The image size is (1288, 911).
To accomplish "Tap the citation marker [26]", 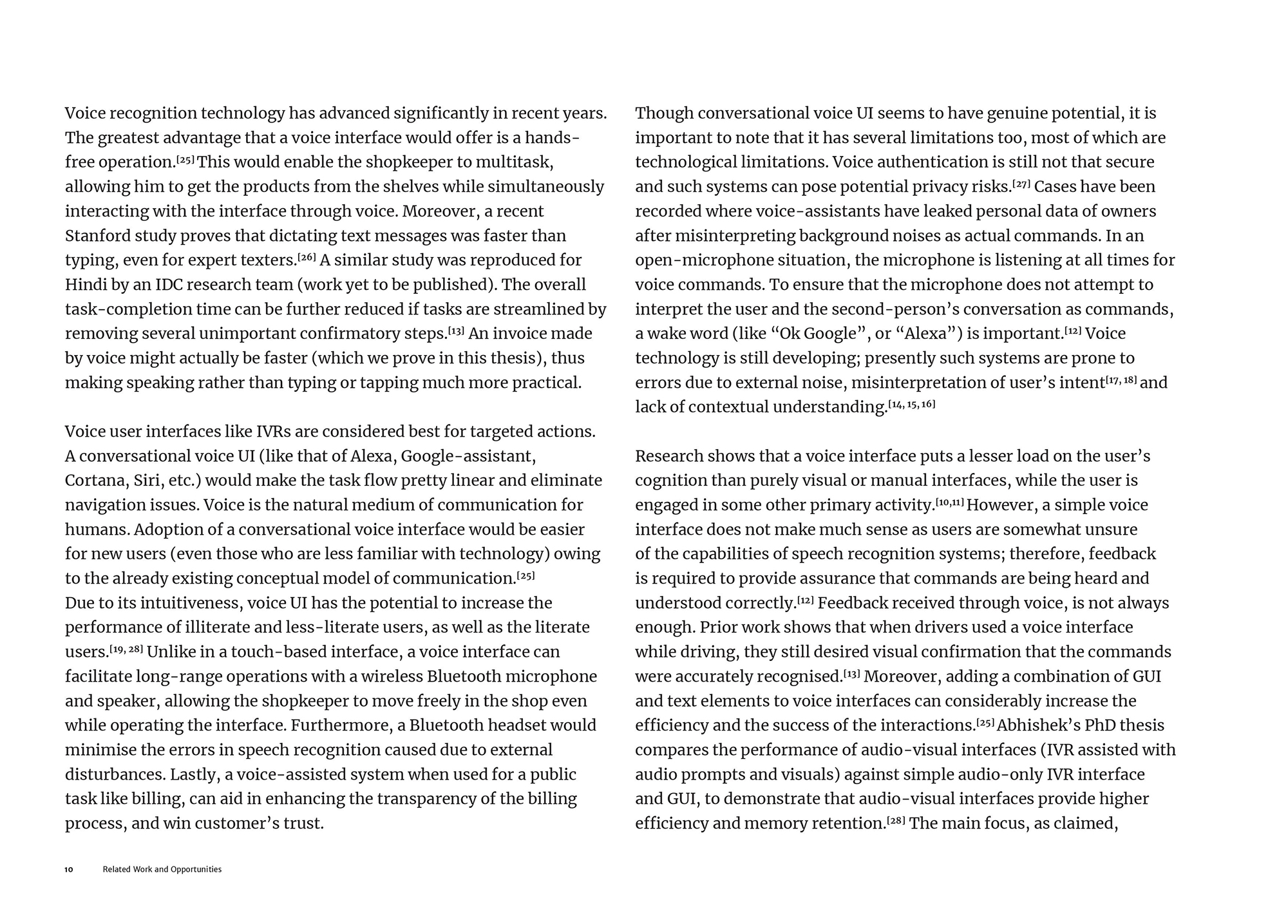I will [307, 258].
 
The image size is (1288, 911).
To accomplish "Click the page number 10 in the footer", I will [69, 870].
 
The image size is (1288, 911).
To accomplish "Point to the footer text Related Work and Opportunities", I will [162, 870].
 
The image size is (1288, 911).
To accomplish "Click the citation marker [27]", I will [1021, 184].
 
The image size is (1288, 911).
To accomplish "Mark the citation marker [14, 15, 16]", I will [911, 405].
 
